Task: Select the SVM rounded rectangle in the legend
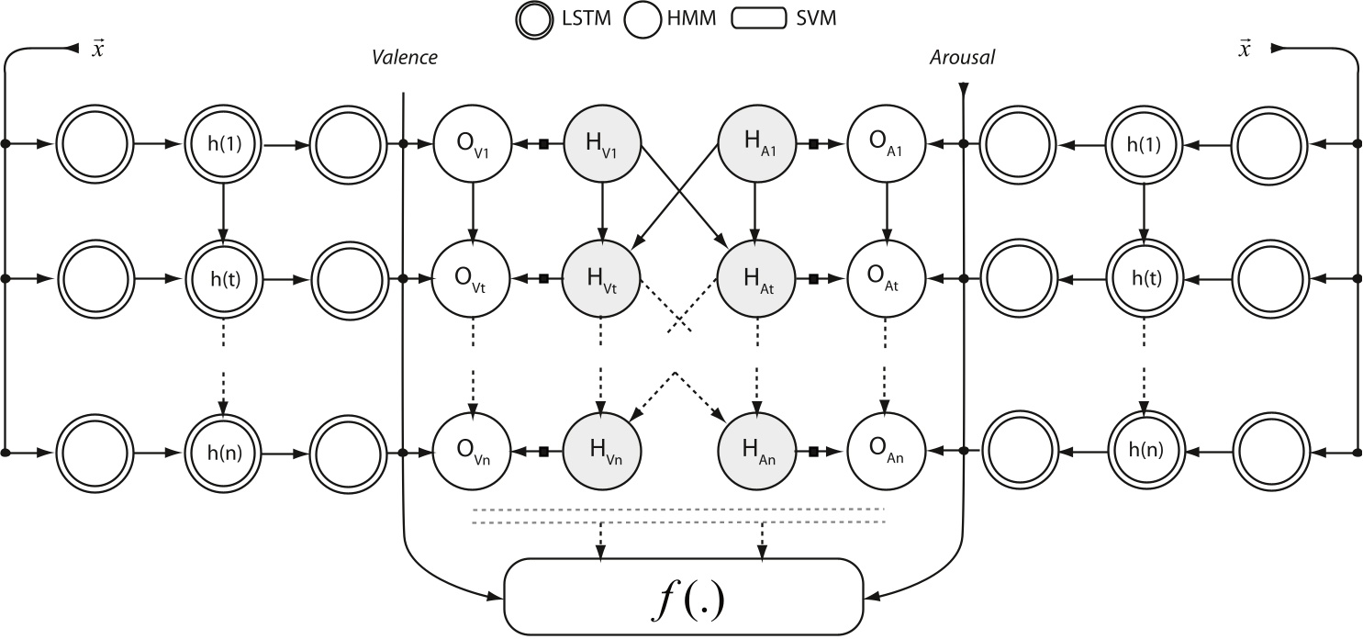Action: coord(763,18)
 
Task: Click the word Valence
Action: coord(404,58)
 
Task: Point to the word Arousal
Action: coord(961,58)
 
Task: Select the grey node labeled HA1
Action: coord(755,144)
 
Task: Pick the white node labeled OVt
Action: coord(472,276)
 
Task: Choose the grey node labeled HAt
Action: coord(755,276)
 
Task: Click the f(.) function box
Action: coord(685,597)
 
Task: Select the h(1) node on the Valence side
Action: coord(224,144)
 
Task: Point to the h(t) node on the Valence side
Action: coord(224,276)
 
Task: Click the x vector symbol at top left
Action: coord(96,49)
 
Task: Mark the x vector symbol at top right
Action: coord(1245,49)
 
